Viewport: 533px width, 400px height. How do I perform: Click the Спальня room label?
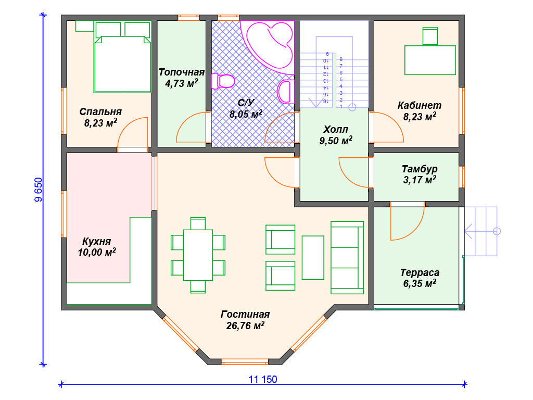click(x=100, y=111)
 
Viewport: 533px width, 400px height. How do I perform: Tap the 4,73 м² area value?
click(x=182, y=83)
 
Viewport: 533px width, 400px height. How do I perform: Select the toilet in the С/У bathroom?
click(x=223, y=81)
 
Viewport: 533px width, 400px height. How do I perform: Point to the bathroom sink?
click(x=286, y=92)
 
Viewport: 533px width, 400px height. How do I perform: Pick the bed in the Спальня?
click(x=122, y=57)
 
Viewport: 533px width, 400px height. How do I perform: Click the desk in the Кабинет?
click(x=430, y=60)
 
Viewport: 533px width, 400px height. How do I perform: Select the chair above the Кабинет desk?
click(x=430, y=36)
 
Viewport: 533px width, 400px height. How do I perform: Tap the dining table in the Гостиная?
click(x=198, y=255)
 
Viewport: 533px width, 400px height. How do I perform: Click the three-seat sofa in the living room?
click(x=347, y=257)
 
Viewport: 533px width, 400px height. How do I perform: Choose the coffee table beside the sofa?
click(x=313, y=257)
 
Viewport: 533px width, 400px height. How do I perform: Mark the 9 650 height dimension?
click(x=39, y=190)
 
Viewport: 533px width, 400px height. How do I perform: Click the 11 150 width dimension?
click(x=263, y=379)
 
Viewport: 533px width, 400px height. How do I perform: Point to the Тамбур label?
click(x=420, y=169)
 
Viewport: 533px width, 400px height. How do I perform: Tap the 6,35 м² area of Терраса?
click(x=420, y=283)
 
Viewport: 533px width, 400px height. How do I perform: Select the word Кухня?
click(x=96, y=241)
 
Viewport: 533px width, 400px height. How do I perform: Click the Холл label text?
click(x=336, y=129)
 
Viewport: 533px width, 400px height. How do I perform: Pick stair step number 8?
click(x=341, y=59)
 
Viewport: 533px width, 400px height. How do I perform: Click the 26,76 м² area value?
click(x=245, y=326)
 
